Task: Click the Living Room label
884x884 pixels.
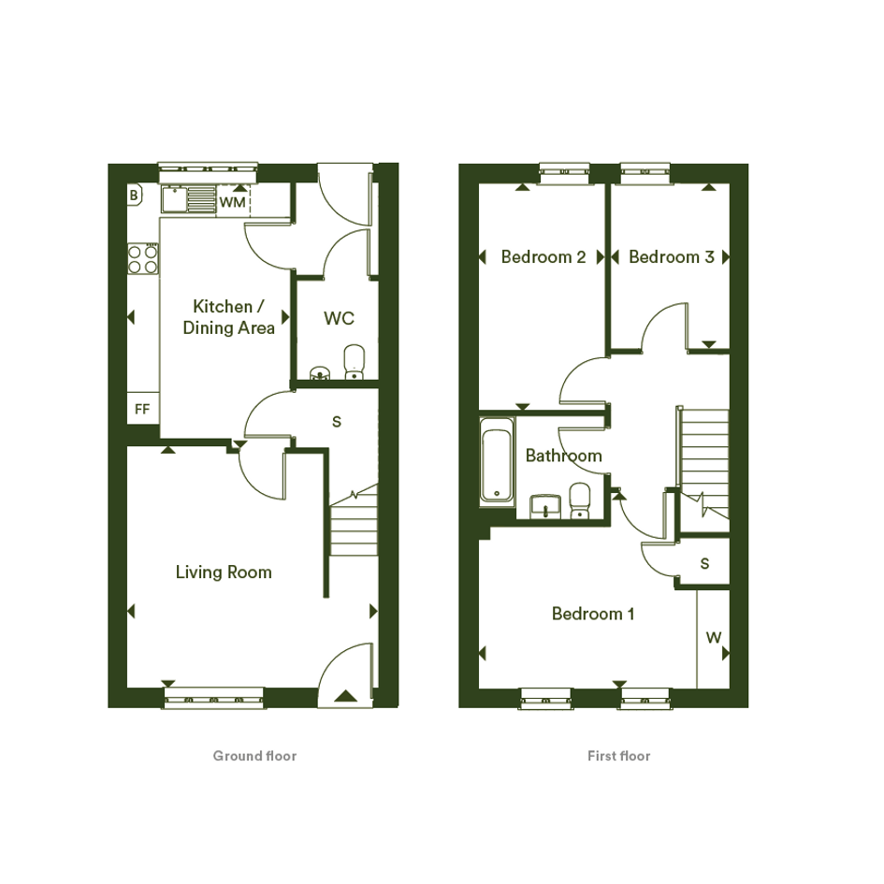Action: (x=224, y=572)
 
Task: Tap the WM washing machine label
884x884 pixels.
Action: (x=232, y=202)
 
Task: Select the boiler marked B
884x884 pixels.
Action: (x=134, y=196)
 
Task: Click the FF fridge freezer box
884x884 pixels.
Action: (x=142, y=408)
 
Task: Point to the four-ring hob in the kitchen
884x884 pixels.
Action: (x=143, y=259)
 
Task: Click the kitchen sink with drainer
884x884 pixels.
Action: (x=189, y=198)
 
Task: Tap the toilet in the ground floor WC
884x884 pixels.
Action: (x=354, y=362)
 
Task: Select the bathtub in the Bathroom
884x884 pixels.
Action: (x=497, y=460)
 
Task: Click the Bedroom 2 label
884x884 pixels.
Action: (x=543, y=257)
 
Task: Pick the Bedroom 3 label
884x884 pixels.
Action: (x=672, y=257)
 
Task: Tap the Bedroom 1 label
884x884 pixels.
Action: (x=593, y=614)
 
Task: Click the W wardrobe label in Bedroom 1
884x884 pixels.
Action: (x=713, y=638)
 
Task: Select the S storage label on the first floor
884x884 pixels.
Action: (x=704, y=563)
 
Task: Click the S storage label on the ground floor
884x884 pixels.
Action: (x=337, y=421)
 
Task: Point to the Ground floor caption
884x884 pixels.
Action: (x=254, y=756)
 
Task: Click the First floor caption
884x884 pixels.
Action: (x=619, y=756)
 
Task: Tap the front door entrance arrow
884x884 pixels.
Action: (x=345, y=696)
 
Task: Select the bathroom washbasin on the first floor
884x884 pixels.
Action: (x=545, y=506)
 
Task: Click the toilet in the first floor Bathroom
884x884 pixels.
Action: (x=580, y=500)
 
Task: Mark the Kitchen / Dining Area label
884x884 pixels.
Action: (x=228, y=317)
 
